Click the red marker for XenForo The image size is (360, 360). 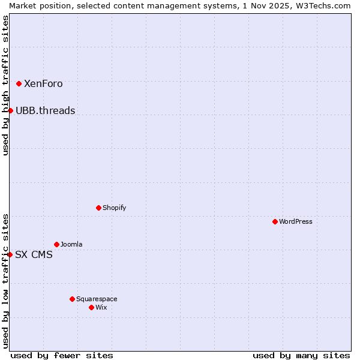(x=19, y=83)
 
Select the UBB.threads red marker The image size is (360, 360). (x=10, y=110)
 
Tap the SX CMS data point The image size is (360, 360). (x=10, y=254)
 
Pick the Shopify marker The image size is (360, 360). (x=98, y=208)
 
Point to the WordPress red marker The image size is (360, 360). (x=275, y=221)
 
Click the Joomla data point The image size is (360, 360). (x=56, y=244)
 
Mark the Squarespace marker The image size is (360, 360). (x=72, y=299)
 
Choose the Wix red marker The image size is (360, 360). (x=91, y=307)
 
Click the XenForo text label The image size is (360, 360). (x=43, y=84)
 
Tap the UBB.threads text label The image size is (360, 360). (x=46, y=110)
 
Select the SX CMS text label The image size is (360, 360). (x=34, y=254)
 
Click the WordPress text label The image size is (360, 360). (x=296, y=221)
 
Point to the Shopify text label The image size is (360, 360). (x=114, y=208)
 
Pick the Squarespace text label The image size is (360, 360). (x=97, y=299)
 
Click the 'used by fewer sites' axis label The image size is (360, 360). (x=62, y=355)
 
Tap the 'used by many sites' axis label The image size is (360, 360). (x=301, y=355)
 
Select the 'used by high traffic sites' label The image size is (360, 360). (x=5, y=85)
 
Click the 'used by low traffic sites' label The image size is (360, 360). (x=5, y=281)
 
